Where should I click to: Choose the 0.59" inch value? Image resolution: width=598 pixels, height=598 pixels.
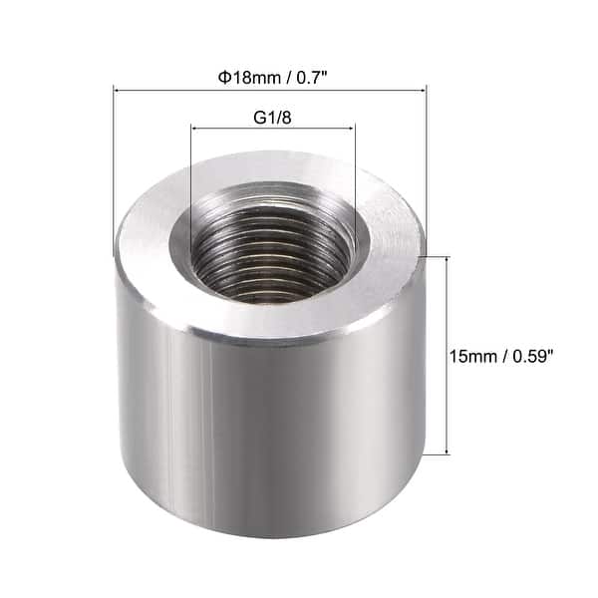[x=536, y=356]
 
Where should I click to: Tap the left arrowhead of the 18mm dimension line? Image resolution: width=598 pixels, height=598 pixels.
[x=119, y=91]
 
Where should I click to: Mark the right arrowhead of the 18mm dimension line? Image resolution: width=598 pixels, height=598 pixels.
[x=423, y=91]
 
